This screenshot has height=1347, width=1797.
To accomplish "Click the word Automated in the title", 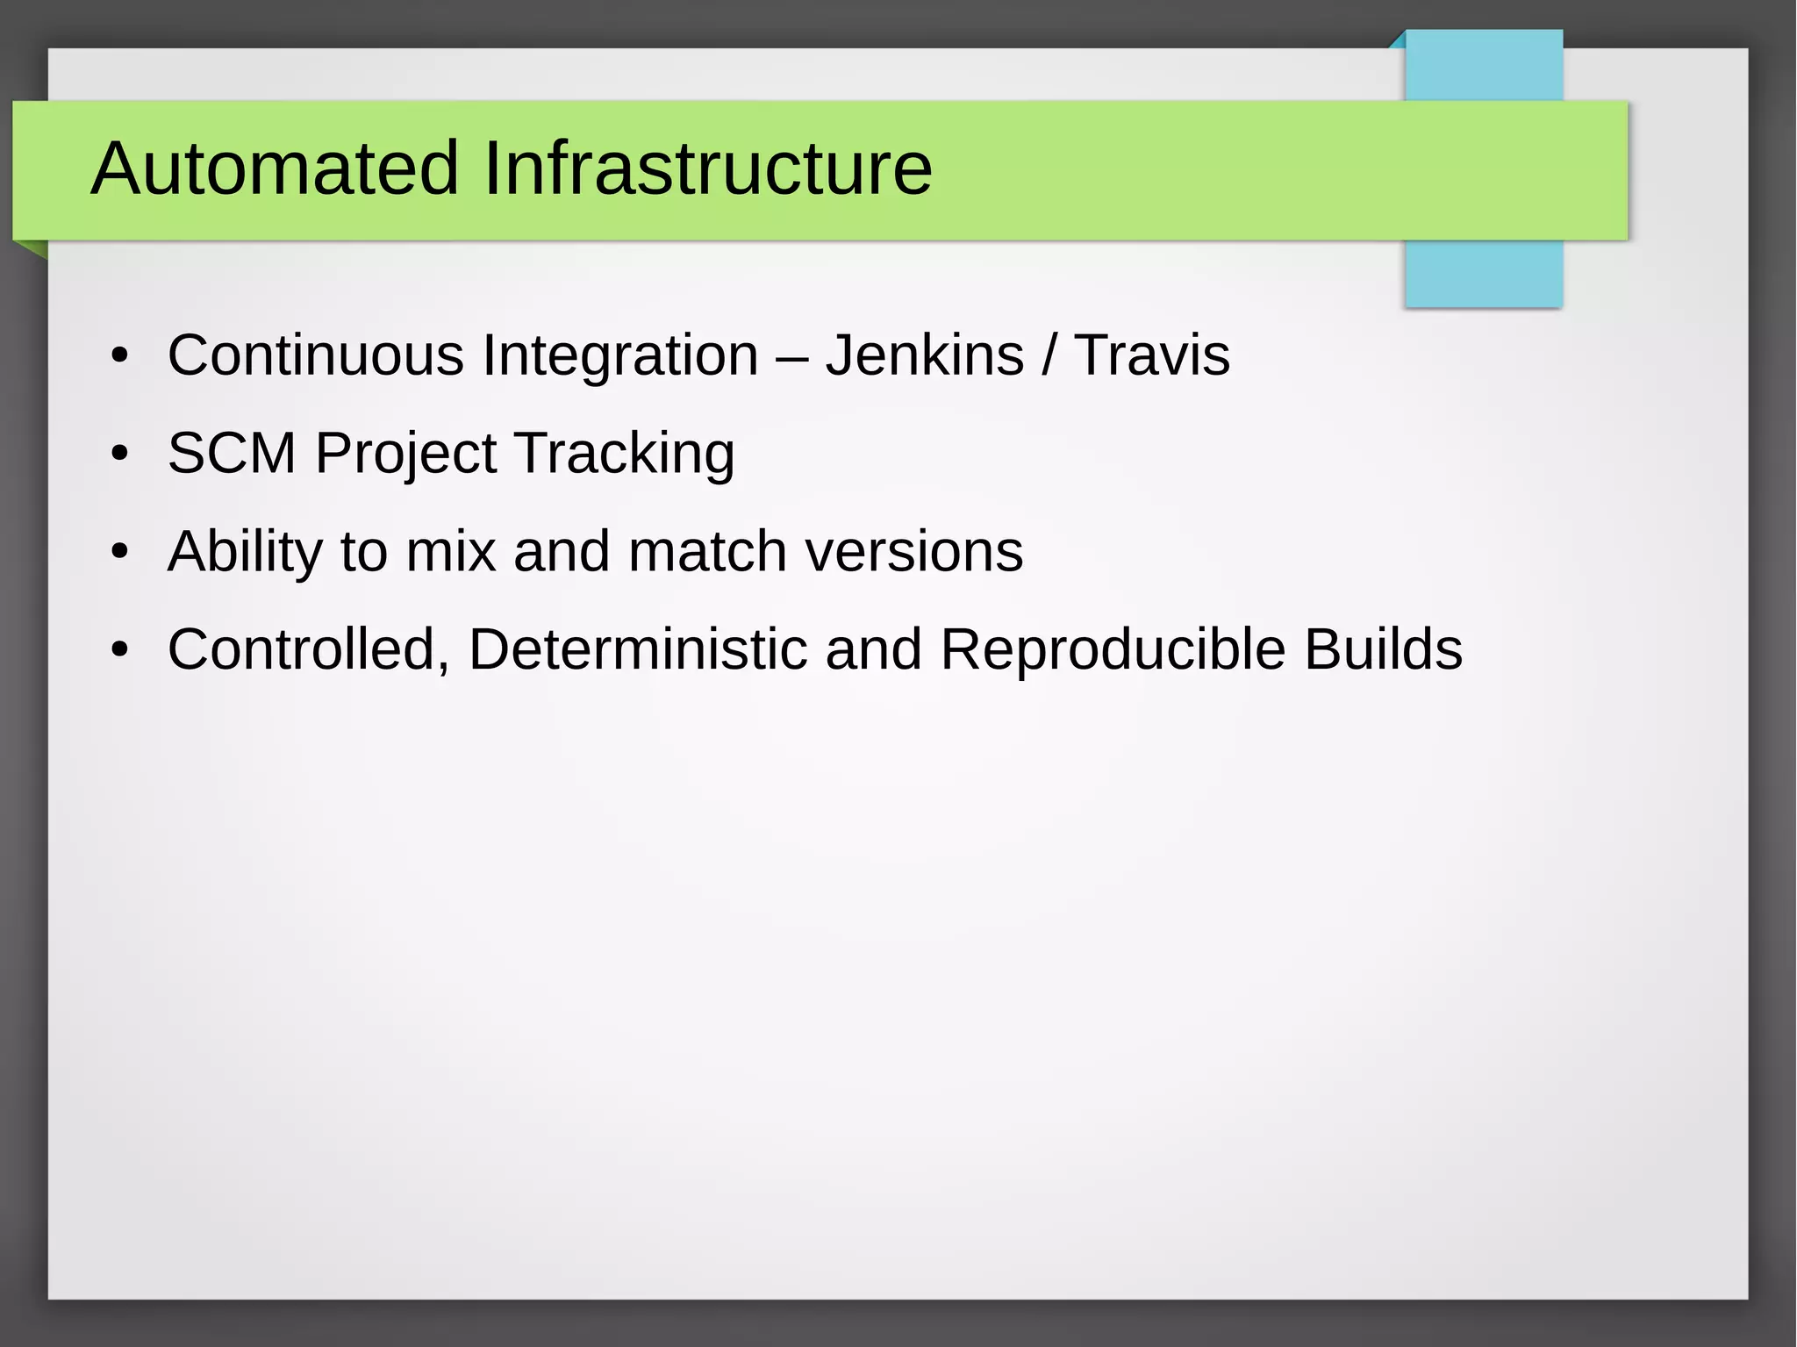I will pos(275,168).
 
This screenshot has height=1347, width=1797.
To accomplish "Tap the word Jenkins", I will pos(925,355).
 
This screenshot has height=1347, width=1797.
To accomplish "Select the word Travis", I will pos(1152,355).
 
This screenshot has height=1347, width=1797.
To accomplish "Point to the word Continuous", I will pos(315,355).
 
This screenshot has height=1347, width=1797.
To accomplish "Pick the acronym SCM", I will pos(232,454).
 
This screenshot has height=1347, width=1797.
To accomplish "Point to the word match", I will pos(707,551).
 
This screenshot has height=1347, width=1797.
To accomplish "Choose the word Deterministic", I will pos(638,649).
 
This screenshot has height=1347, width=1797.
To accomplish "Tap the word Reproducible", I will pos(1113,650).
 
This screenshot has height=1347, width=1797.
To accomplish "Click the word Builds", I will pos(1383,649).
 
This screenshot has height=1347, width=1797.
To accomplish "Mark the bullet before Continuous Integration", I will pos(120,357).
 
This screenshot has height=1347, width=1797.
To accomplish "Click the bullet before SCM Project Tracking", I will pos(120,455).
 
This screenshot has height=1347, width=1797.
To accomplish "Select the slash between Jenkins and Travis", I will pos(1049,355).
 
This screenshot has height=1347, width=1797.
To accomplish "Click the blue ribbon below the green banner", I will pos(1483,273).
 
